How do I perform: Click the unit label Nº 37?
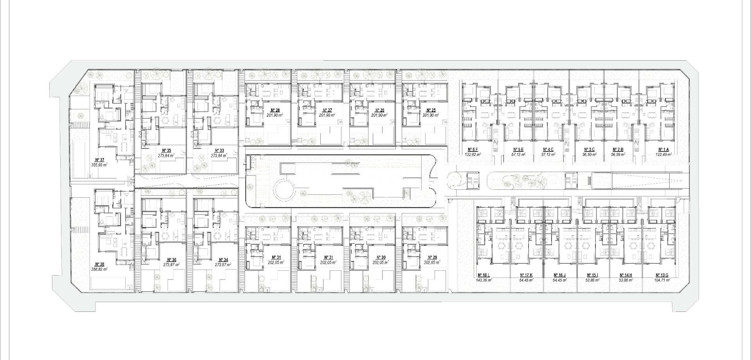(x=100, y=160)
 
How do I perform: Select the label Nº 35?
(x=166, y=150)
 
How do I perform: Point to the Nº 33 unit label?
(x=219, y=150)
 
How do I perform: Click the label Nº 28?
(x=275, y=110)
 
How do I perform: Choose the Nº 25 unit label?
(x=431, y=110)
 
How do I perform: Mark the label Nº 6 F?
(x=473, y=149)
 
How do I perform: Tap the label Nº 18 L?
(x=483, y=275)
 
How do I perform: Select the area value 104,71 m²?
(x=662, y=280)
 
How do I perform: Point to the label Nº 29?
(x=432, y=257)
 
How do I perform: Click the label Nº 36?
(x=171, y=260)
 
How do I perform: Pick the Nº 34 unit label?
(x=223, y=260)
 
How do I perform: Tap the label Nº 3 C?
(x=589, y=149)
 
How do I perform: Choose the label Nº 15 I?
(x=593, y=275)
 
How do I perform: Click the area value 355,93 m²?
(x=100, y=165)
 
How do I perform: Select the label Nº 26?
(x=379, y=110)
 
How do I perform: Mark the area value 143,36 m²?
(x=483, y=280)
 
